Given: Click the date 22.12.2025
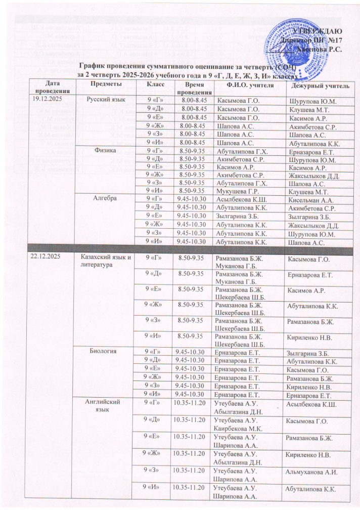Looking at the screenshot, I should [x=46, y=258].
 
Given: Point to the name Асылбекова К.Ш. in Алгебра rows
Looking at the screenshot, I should [x=239, y=200].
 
